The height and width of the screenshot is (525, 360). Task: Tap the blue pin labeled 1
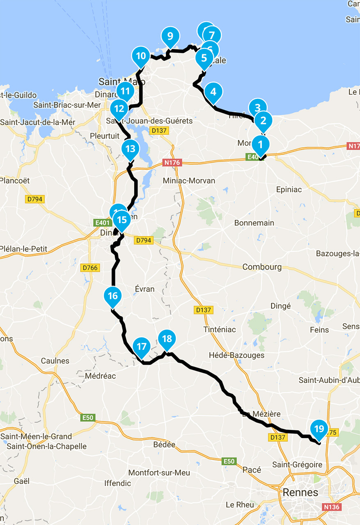[x=260, y=144]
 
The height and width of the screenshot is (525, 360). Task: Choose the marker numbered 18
[x=167, y=339]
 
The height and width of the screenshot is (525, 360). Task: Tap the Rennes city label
[x=300, y=492]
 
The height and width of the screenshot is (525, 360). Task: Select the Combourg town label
[x=262, y=267]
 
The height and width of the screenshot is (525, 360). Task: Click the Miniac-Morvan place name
[x=189, y=180]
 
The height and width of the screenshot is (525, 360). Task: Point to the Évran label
[x=144, y=289]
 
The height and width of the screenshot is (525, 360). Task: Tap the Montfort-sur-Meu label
[x=159, y=473]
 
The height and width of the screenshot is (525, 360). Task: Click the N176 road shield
[x=172, y=162]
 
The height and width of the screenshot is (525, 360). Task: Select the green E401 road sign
[x=102, y=223]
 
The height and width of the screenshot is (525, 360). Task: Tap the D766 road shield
[x=90, y=268]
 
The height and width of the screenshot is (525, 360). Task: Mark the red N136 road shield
[x=331, y=507]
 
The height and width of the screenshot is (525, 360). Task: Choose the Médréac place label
[x=100, y=376]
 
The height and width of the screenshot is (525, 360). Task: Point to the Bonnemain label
[x=254, y=223]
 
